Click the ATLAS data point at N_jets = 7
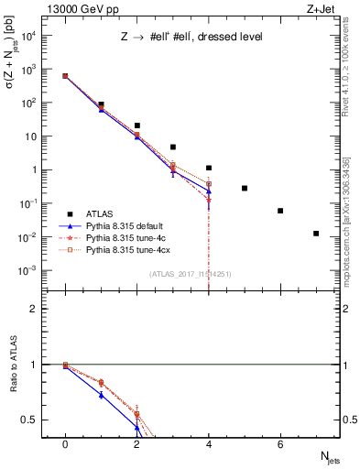316,234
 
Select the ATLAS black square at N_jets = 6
280,211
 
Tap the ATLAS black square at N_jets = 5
245,188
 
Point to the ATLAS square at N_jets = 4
209,168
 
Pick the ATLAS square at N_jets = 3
172,147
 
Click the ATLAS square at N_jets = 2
136,125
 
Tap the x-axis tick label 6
280,444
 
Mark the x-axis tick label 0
65,444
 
